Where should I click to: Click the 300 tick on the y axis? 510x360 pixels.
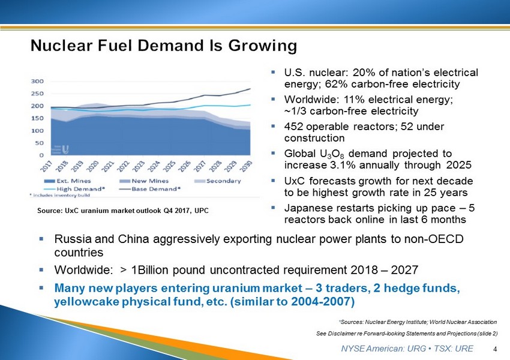37,81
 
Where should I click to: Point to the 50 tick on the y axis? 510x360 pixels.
38,143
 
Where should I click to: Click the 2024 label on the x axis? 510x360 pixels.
154,166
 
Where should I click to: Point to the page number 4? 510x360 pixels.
494,349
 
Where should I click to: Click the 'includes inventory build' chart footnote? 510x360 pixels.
52,196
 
